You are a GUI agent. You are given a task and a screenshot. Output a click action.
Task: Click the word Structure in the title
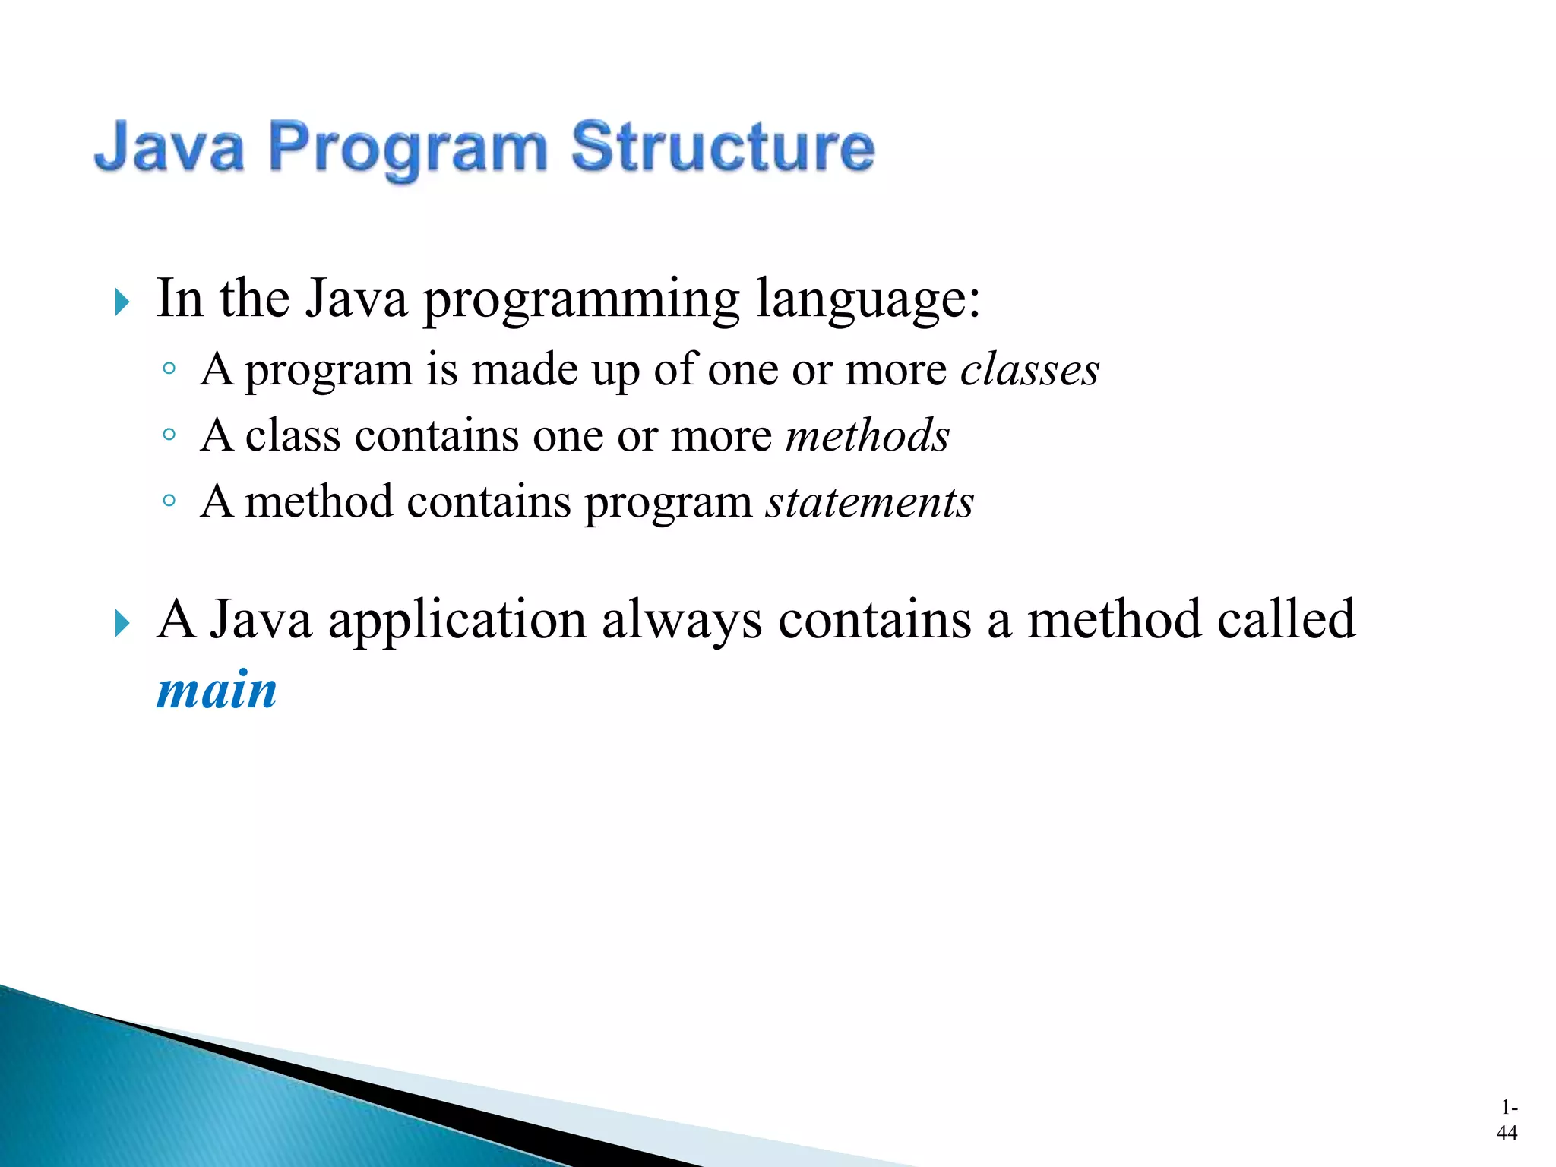pyautogui.click(x=723, y=147)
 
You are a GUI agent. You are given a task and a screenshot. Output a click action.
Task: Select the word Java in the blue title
pyautogui.click(x=169, y=147)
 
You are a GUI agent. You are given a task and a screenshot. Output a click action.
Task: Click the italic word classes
pyautogui.click(x=1029, y=371)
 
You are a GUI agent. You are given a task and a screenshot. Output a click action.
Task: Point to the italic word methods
pyautogui.click(x=867, y=436)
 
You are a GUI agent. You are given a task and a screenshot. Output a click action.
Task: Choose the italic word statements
pyautogui.click(x=869, y=503)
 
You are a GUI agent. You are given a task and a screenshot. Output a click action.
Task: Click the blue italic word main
pyautogui.click(x=217, y=691)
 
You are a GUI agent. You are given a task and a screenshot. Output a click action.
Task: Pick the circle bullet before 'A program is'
pyautogui.click(x=169, y=369)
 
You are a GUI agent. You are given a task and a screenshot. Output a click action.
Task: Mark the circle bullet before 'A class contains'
pyautogui.click(x=169, y=435)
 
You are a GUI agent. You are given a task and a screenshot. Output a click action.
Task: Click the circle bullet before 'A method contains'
pyautogui.click(x=169, y=501)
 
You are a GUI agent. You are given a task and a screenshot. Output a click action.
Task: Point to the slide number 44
pyautogui.click(x=1507, y=1133)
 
